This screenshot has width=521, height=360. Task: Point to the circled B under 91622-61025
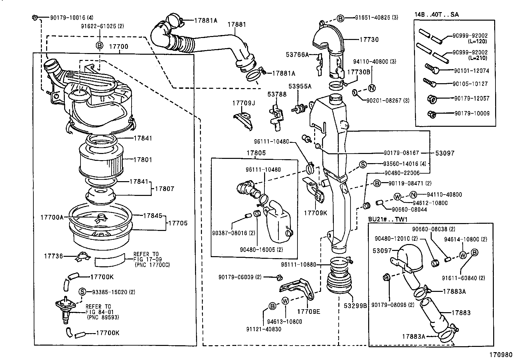pyautogui.click(x=99, y=46)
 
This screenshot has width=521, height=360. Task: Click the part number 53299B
pyautogui.click(x=355, y=305)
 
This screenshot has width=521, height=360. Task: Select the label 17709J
pyautogui.click(x=243, y=103)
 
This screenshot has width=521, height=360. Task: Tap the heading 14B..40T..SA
pyautogui.click(x=437, y=14)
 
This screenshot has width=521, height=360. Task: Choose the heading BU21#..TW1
pyautogui.click(x=385, y=219)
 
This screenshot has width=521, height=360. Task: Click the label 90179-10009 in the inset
pyautogui.click(x=472, y=113)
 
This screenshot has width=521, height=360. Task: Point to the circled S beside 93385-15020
pyautogui.click(x=82, y=292)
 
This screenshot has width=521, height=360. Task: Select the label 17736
pyautogui.click(x=53, y=256)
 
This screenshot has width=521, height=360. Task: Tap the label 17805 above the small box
pyautogui.click(x=256, y=153)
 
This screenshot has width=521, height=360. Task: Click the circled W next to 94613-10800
pyautogui.click(x=285, y=301)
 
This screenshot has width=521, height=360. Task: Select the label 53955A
pyautogui.click(x=300, y=86)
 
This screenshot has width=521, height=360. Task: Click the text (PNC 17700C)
pyautogui.click(x=152, y=264)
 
